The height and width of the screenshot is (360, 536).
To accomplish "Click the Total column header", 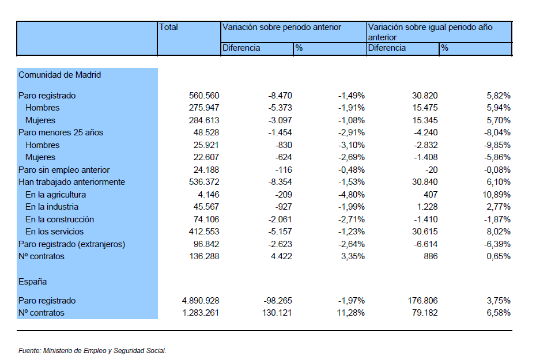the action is click(168, 27).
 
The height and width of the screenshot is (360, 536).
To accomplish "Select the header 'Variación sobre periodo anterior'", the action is click(282, 27).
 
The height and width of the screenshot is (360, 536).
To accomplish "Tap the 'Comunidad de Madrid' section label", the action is click(59, 75).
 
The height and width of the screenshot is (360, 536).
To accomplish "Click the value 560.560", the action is click(204, 96).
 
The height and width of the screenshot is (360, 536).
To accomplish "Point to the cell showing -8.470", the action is click(280, 96).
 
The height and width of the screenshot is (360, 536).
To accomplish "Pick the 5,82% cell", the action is click(499, 96).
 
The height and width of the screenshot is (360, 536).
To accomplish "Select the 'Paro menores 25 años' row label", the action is click(61, 132).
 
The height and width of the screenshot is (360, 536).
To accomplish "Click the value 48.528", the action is click(206, 132).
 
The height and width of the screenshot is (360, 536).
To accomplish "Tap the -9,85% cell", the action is click(497, 145).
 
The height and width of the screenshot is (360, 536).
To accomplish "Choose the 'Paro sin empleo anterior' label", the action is click(64, 170).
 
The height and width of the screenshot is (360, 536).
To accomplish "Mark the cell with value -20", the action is click(432, 170).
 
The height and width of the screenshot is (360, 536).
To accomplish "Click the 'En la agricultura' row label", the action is click(55, 195).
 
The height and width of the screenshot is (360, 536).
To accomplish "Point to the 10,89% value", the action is click(497, 195).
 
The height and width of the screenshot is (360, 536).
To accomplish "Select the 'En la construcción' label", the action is click(59, 219).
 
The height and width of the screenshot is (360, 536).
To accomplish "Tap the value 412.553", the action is click(204, 232).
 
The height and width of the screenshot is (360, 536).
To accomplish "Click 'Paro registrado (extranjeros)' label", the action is click(72, 244).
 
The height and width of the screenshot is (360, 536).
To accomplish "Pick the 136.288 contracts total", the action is click(205, 256).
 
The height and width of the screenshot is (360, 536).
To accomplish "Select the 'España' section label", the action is click(32, 282).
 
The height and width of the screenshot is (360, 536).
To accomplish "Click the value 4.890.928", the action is click(201, 301).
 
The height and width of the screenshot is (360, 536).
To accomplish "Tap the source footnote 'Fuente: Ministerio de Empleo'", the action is click(92, 350).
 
